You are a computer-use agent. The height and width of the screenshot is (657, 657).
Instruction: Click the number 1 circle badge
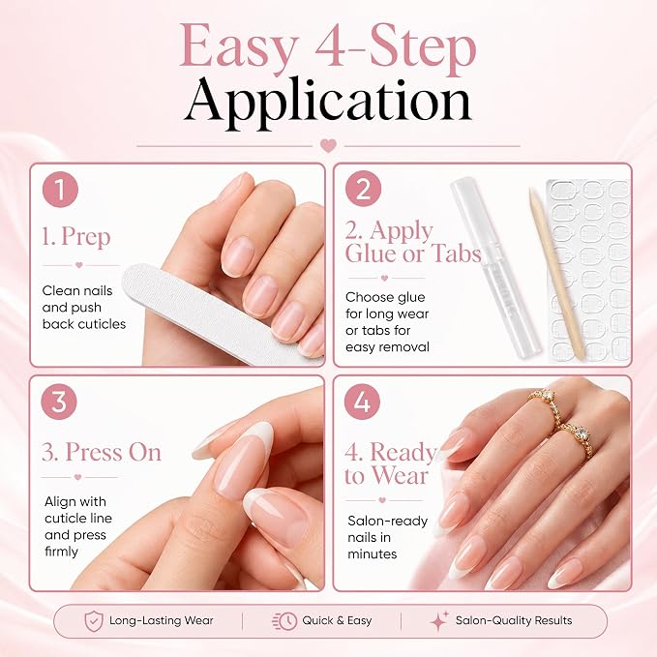coord(60,190)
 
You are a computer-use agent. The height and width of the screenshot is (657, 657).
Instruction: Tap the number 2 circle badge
coord(363,189)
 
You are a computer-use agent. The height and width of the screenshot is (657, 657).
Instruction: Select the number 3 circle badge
coord(59,402)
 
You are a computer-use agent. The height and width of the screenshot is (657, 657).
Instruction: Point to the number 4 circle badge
coord(362,402)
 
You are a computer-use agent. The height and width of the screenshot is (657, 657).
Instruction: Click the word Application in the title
coord(328,103)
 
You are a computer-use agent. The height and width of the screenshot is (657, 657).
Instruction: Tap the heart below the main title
coord(328,146)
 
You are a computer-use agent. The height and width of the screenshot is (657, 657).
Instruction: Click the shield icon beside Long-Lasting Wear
coord(94,621)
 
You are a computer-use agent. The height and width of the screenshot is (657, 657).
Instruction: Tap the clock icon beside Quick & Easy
coord(285,621)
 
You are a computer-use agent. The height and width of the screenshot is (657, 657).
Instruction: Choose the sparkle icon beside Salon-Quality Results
coord(439,621)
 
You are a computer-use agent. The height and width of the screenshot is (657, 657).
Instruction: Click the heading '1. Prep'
coord(76,237)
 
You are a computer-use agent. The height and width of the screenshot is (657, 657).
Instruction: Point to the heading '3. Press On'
coord(102,453)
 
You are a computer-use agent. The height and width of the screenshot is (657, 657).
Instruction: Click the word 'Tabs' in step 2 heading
coord(456,254)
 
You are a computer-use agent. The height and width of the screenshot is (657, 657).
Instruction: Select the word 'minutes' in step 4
coord(373,553)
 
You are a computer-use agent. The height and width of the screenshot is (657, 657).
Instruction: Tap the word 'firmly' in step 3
coord(61,552)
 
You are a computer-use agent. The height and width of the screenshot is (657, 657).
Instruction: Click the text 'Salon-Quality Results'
coord(514,620)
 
